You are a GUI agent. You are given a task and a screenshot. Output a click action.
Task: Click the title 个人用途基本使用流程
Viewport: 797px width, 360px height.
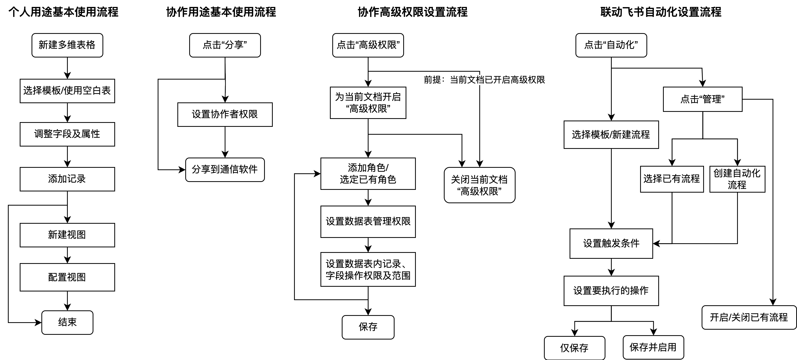pyautogui.click(x=63, y=12)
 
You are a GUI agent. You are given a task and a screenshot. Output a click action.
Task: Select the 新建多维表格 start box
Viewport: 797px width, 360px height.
pyautogui.click(x=67, y=45)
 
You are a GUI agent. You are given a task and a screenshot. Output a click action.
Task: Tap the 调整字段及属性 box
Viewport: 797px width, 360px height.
pyautogui.click(x=67, y=134)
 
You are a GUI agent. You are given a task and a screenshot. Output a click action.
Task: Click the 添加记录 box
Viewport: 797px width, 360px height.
pyautogui.click(x=67, y=179)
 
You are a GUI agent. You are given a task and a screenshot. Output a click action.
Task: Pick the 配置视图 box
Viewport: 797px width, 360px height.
pyautogui.click(x=67, y=277)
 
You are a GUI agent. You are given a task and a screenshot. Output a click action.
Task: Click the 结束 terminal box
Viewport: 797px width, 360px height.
pyautogui.click(x=67, y=322)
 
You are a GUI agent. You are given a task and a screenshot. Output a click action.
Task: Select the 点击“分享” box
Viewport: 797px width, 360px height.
pyautogui.click(x=225, y=45)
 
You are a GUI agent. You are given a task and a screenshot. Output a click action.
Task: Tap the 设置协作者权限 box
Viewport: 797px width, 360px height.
pyautogui.click(x=225, y=114)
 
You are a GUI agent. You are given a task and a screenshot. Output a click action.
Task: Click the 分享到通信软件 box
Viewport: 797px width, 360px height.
pyautogui.click(x=225, y=170)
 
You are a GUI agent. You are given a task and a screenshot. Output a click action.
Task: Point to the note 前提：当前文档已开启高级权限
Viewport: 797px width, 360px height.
pyautogui.click(x=484, y=80)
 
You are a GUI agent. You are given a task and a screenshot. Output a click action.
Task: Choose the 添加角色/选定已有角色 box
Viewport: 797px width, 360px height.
pyautogui.click(x=368, y=174)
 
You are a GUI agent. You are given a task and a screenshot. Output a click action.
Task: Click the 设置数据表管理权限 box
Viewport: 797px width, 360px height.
pyautogui.click(x=368, y=221)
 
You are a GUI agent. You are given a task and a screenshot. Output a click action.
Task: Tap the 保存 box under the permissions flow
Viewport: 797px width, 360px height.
pyautogui.click(x=368, y=327)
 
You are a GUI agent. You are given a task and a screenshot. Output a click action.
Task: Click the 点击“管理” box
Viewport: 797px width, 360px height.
pyautogui.click(x=702, y=99)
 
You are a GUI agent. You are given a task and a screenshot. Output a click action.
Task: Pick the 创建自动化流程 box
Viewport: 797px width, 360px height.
pyautogui.click(x=737, y=179)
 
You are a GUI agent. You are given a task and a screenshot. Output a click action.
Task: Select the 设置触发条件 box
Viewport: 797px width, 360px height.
pyautogui.click(x=611, y=243)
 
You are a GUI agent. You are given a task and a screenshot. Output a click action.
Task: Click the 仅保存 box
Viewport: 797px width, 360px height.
pyautogui.click(x=574, y=348)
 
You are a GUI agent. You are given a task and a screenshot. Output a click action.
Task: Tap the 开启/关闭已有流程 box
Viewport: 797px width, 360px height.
pyautogui.click(x=749, y=317)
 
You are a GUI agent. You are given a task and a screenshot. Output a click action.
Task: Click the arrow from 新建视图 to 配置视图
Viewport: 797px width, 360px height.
pyautogui.click(x=67, y=255)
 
